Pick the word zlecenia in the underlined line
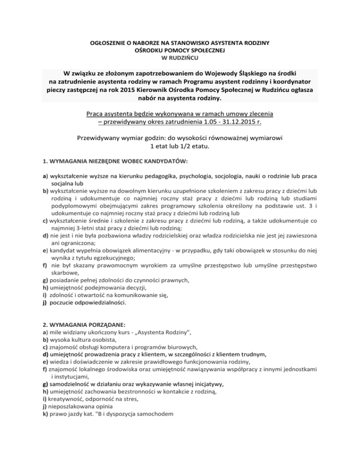point(260,113)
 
